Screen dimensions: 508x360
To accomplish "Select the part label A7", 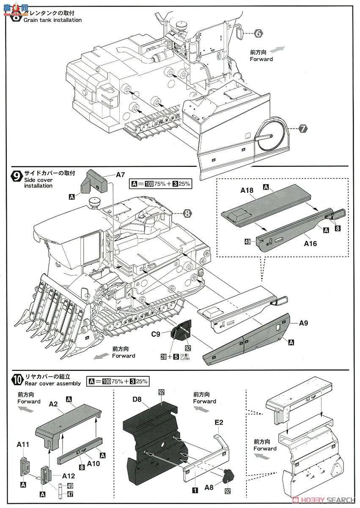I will [x=121, y=174].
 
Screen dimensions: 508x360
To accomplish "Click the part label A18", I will [x=246, y=190].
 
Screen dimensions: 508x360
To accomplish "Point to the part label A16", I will [x=310, y=243].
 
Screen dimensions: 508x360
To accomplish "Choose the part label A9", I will [x=303, y=323].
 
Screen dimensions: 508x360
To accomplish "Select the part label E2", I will [x=219, y=422].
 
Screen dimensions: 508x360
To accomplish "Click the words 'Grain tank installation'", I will [x=52, y=20].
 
